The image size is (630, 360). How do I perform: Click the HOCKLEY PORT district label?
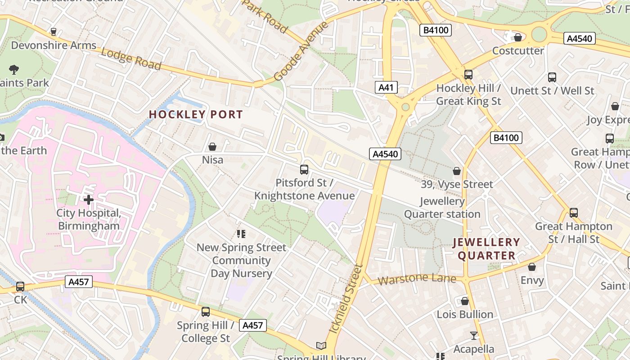[x=196, y=115]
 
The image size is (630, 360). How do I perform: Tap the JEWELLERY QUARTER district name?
[x=486, y=249]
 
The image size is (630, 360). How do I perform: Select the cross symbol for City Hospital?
[x=89, y=199]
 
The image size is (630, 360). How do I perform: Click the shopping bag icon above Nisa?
[x=212, y=147]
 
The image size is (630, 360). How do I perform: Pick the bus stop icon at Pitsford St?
[x=304, y=170]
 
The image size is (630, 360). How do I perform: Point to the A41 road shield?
[x=386, y=87]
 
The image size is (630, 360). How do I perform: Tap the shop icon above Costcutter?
[x=518, y=37]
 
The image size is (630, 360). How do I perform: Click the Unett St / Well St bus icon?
[x=552, y=77]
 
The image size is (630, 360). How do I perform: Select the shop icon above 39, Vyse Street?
[x=457, y=171]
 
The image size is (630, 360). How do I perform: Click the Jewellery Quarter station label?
[x=442, y=207]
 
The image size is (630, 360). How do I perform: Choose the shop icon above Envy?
[x=532, y=267]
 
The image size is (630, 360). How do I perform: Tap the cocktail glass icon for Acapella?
[x=473, y=336]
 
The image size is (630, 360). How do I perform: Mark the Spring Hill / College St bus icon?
[x=206, y=311]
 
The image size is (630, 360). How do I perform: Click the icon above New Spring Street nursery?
[x=241, y=234]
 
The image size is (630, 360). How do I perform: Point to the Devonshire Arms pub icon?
[x=54, y=32]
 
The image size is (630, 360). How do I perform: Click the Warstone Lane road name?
[x=417, y=279]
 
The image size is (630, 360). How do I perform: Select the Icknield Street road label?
[x=346, y=298]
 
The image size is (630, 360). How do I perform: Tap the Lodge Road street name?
[x=130, y=59]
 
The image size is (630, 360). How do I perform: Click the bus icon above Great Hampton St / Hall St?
[x=574, y=213]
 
